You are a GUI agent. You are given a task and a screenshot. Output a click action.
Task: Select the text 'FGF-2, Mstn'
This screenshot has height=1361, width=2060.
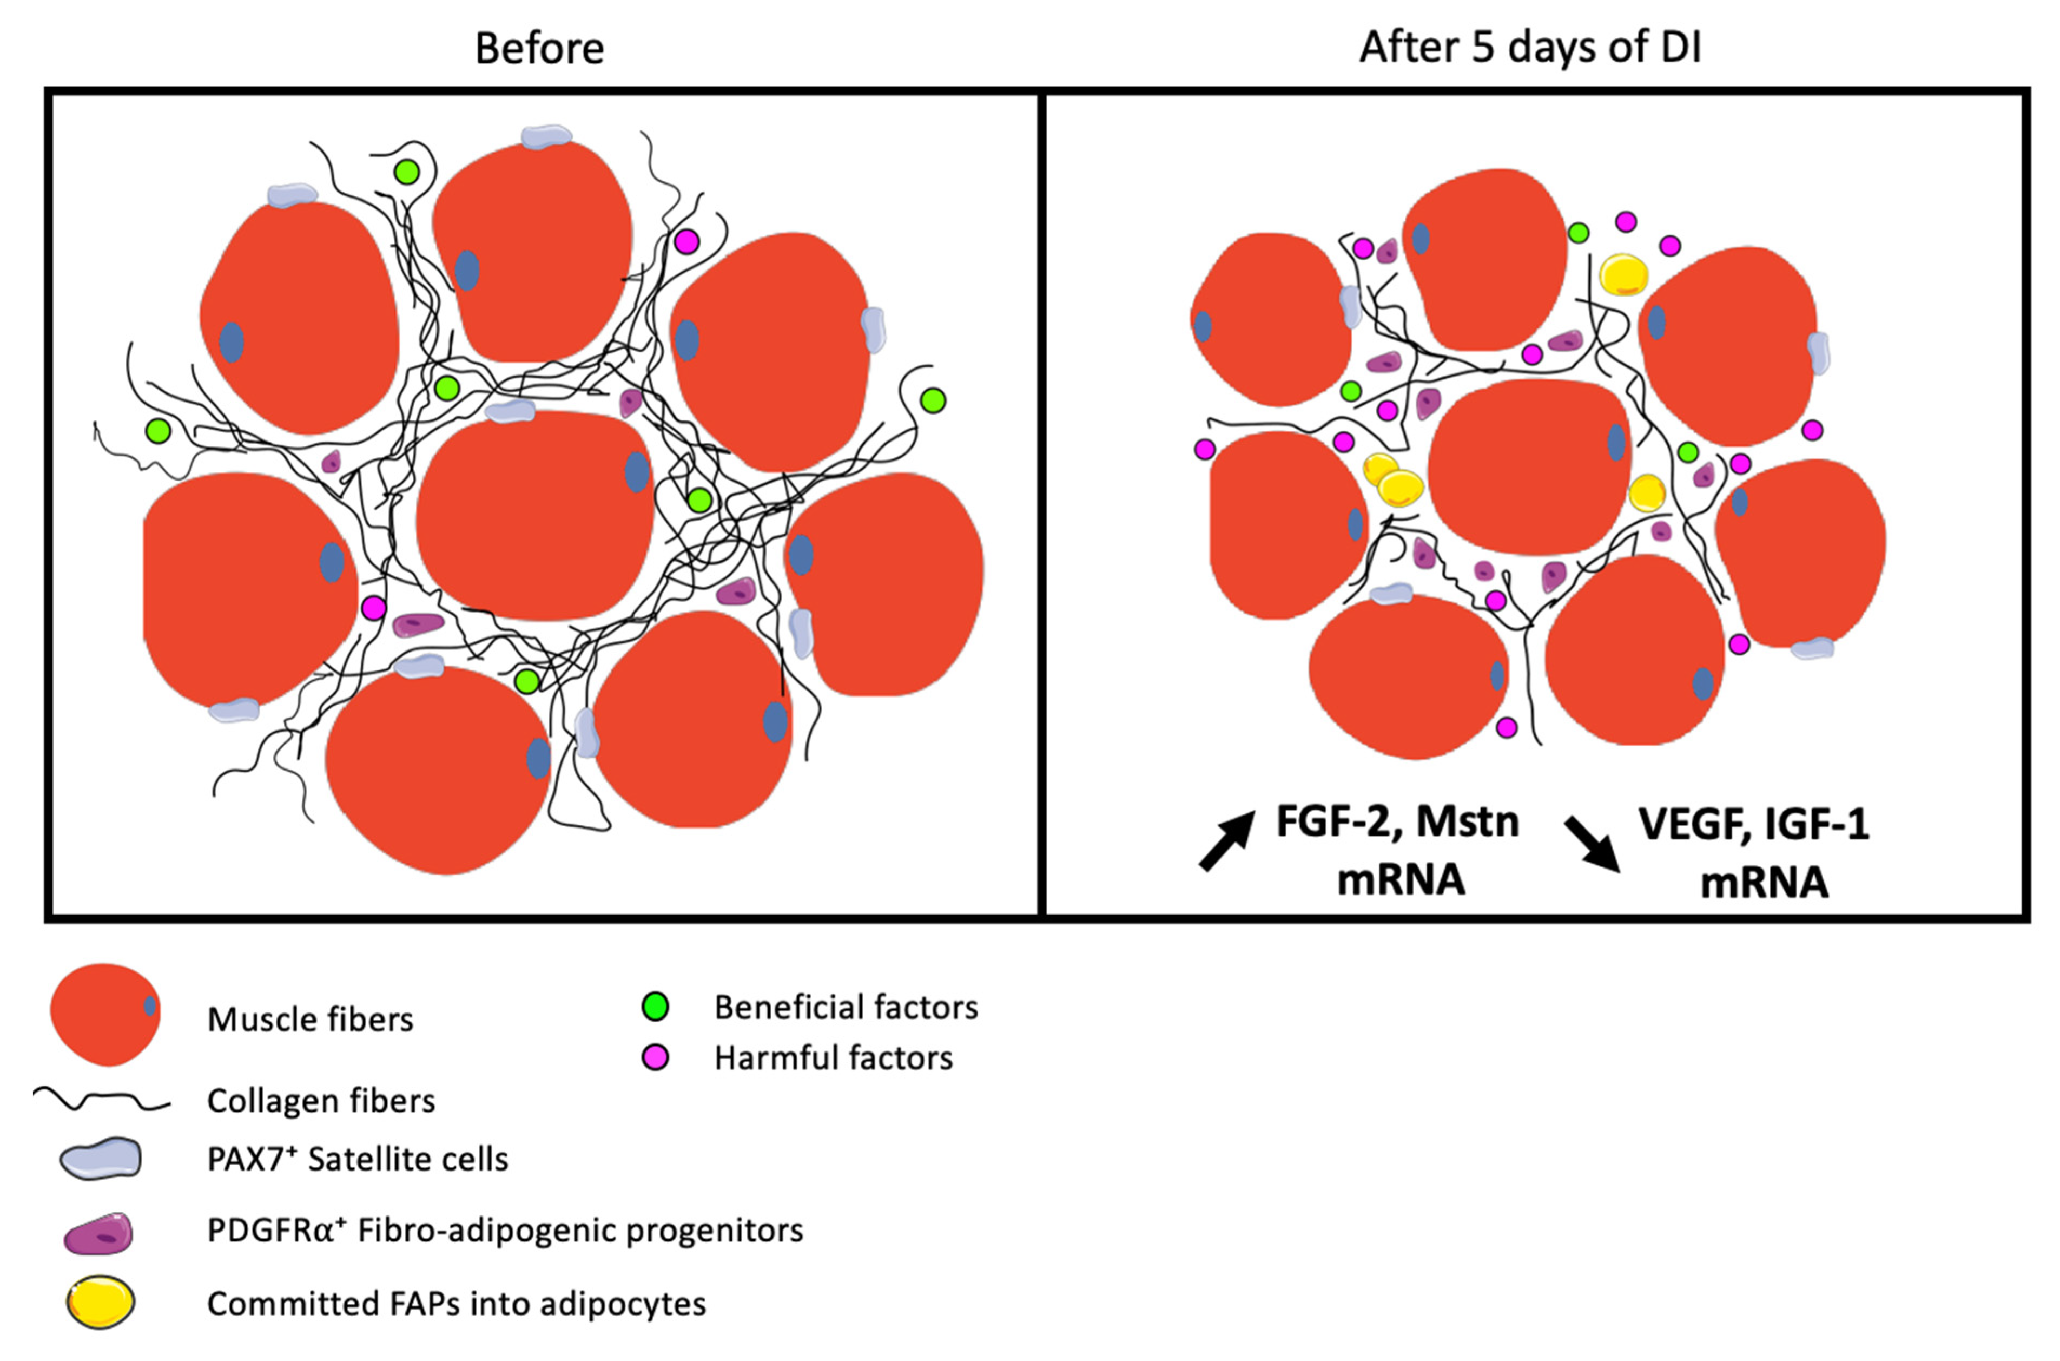tap(1398, 821)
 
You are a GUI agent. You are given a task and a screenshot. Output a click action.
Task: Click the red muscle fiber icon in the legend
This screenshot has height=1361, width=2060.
tap(104, 1013)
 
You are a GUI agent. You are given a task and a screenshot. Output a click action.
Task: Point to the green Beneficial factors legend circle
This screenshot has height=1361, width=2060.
tap(655, 1007)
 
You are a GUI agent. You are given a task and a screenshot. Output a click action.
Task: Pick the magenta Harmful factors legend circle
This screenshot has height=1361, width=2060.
tap(655, 1057)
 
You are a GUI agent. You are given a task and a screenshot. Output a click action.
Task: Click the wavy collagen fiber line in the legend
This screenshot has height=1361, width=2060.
tap(102, 1101)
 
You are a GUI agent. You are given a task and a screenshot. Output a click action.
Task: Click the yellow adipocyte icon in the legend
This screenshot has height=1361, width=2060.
tap(100, 1302)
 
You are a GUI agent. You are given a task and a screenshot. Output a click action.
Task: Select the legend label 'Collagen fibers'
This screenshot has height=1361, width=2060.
tap(321, 1101)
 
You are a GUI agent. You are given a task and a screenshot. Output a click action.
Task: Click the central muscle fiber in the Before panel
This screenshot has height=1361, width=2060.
tap(533, 516)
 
